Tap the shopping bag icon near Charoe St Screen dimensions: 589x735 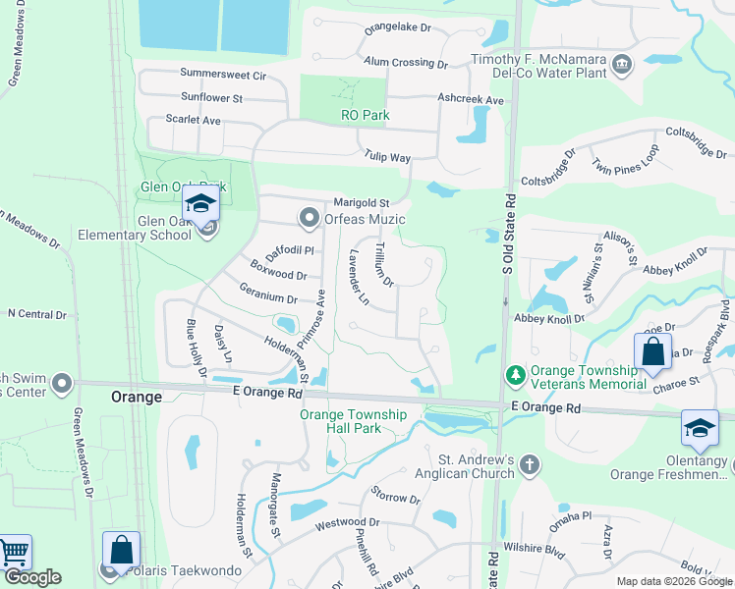(652, 352)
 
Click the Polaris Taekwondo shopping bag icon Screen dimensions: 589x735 (121, 551)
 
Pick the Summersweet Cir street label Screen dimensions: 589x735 (224, 75)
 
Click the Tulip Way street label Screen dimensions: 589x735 (387, 157)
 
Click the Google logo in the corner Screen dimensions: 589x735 (32, 577)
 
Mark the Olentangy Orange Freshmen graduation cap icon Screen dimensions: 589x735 (700, 428)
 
